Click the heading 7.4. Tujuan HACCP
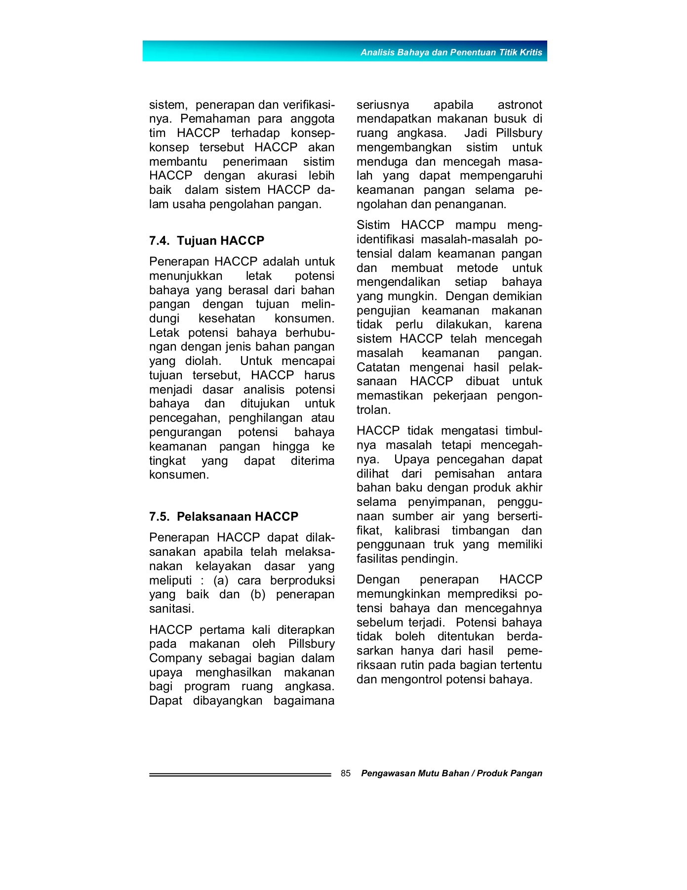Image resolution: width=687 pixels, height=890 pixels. point(206,241)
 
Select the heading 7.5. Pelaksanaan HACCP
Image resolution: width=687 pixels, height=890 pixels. point(223,517)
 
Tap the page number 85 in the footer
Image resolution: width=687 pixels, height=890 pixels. point(346,773)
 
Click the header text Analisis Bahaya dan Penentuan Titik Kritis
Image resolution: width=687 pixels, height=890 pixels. point(451,52)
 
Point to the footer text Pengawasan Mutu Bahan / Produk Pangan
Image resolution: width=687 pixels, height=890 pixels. point(451,773)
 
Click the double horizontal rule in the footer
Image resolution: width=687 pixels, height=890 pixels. point(240,775)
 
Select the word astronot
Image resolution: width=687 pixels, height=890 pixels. point(520,105)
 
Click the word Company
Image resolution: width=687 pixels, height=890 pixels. point(175,659)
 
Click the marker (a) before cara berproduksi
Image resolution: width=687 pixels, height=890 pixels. point(222,580)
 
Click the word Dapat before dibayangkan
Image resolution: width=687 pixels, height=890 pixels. point(165,701)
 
